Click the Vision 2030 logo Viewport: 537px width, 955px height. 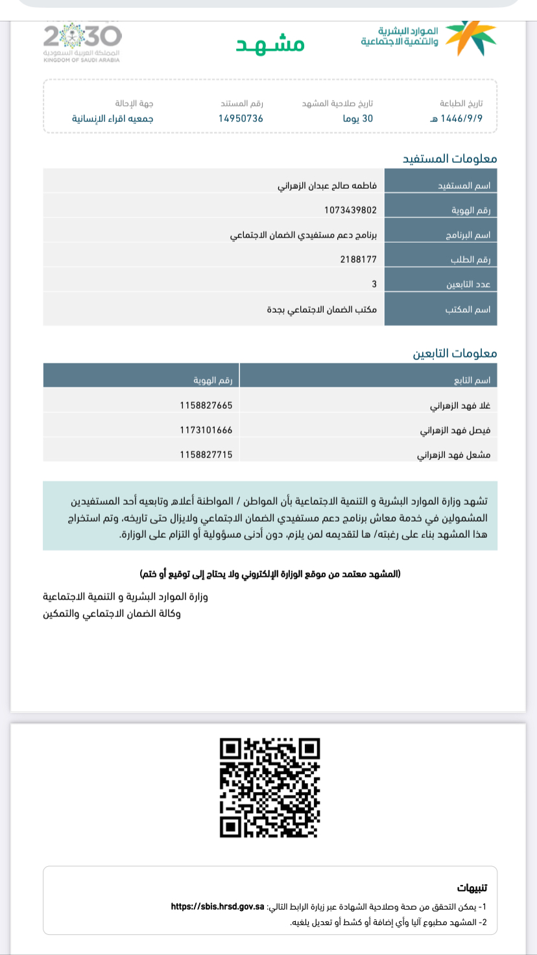coord(82,42)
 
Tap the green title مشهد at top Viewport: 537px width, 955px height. coord(270,43)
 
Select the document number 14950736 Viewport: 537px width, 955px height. coord(241,119)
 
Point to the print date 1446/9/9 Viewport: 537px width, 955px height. coord(461,119)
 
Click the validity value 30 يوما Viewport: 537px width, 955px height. coord(357,119)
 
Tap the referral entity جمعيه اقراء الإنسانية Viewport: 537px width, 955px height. coord(112,119)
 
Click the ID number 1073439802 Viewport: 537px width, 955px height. coord(350,210)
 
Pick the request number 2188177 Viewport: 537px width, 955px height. coord(358,260)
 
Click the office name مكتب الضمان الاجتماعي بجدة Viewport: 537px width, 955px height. coord(322,309)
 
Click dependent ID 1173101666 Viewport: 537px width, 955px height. coord(206,430)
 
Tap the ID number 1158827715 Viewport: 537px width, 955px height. coord(206,455)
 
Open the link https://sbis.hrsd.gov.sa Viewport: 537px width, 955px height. coord(217,906)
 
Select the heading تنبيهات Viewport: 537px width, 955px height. coord(471,888)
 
